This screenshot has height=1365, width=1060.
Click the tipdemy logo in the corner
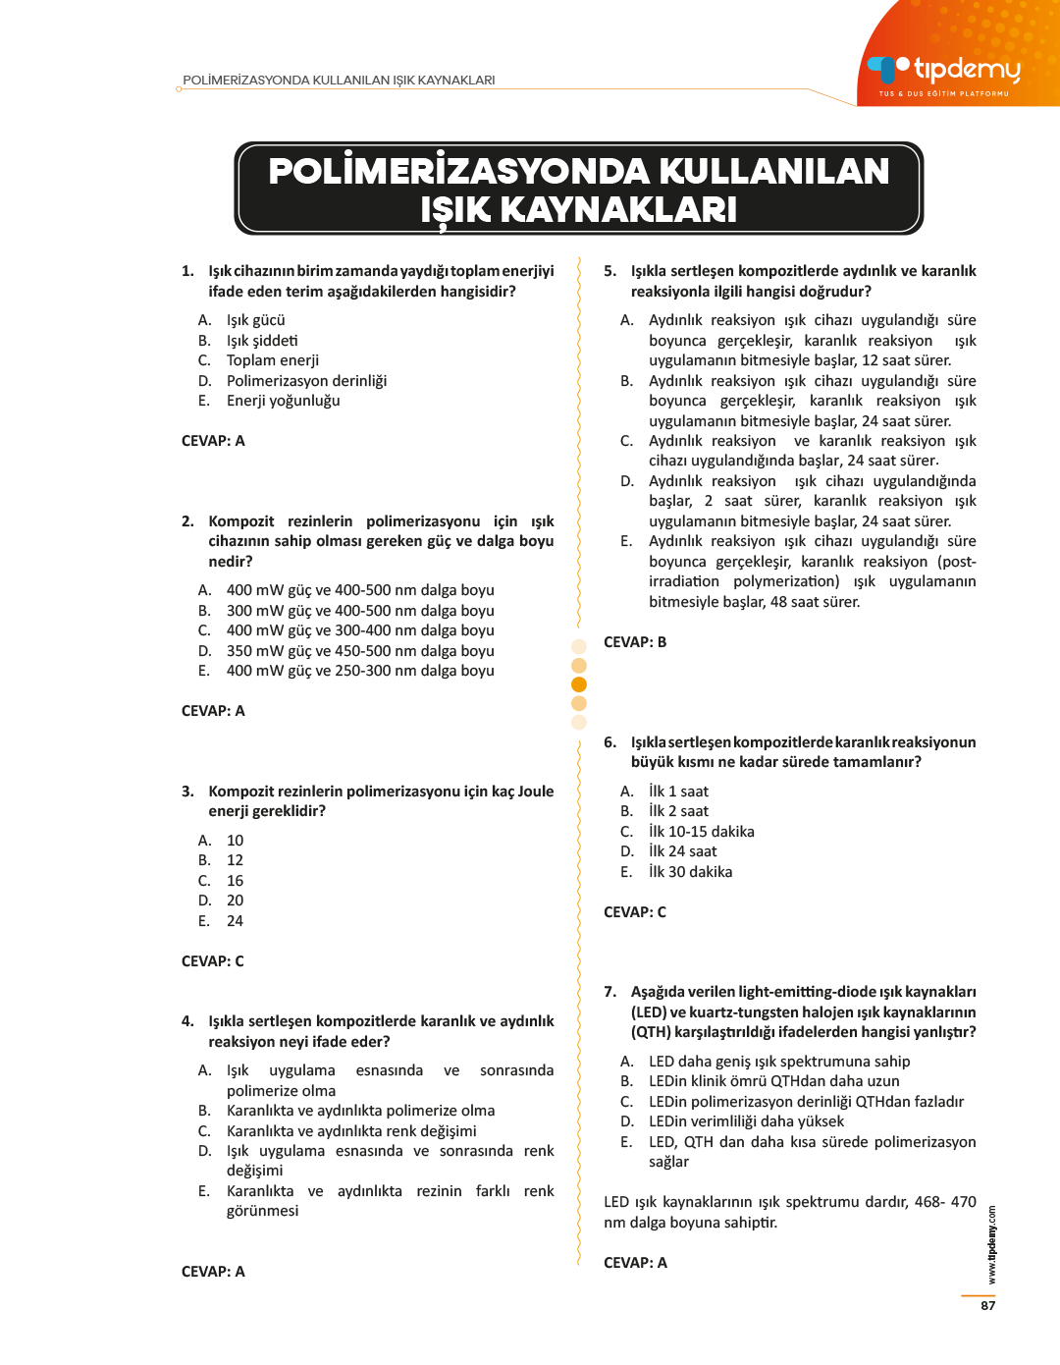943,71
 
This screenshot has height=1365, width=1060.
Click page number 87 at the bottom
987,1306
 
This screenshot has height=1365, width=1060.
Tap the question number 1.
187,271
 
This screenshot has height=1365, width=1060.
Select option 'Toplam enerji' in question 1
272,360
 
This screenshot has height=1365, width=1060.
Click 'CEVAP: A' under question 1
213,441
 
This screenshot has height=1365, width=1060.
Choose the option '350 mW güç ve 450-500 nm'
359,651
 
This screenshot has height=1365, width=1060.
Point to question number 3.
187,792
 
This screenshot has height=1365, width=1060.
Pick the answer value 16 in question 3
235,881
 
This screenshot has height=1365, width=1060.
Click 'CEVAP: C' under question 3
213,961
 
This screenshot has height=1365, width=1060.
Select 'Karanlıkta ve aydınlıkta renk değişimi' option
350,1131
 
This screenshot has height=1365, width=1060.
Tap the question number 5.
609,271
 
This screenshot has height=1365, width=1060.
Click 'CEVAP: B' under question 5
635,642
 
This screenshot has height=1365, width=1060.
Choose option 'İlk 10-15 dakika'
701,832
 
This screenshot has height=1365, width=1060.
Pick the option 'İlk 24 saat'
682,851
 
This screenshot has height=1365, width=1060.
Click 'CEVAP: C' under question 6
635,912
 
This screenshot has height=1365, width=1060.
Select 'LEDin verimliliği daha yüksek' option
746,1121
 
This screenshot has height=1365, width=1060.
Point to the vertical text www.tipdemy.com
992,1245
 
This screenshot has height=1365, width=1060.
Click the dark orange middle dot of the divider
579,684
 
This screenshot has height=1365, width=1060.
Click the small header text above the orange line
339,81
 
